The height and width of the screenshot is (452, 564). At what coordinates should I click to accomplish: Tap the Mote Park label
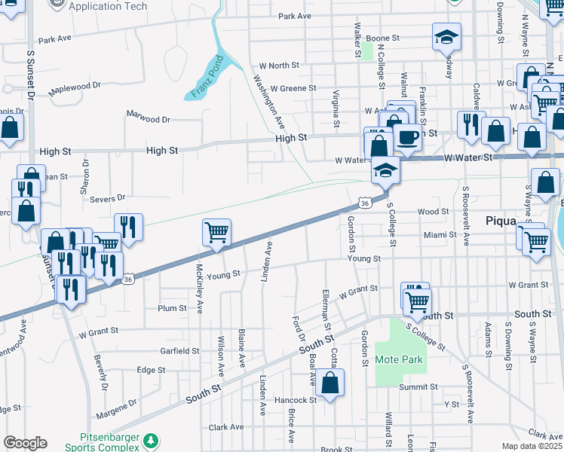[x=399, y=359]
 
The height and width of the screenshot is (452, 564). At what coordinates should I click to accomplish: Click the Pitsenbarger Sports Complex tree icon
[x=152, y=439]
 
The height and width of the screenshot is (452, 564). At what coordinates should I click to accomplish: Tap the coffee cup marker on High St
[x=408, y=138]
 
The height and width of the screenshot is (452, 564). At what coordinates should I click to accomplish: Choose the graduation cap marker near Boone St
[x=446, y=36]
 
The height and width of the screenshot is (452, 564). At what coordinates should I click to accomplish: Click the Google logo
[x=25, y=443]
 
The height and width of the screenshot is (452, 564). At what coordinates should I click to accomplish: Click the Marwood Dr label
[x=149, y=119]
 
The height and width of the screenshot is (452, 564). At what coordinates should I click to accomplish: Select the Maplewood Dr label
[x=75, y=87]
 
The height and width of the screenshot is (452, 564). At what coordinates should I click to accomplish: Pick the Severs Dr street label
[x=107, y=198]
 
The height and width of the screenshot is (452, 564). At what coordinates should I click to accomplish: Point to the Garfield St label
[x=179, y=351]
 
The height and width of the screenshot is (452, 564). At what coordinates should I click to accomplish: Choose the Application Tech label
[x=105, y=6]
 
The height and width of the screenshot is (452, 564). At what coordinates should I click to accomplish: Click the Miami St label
[x=440, y=235]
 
